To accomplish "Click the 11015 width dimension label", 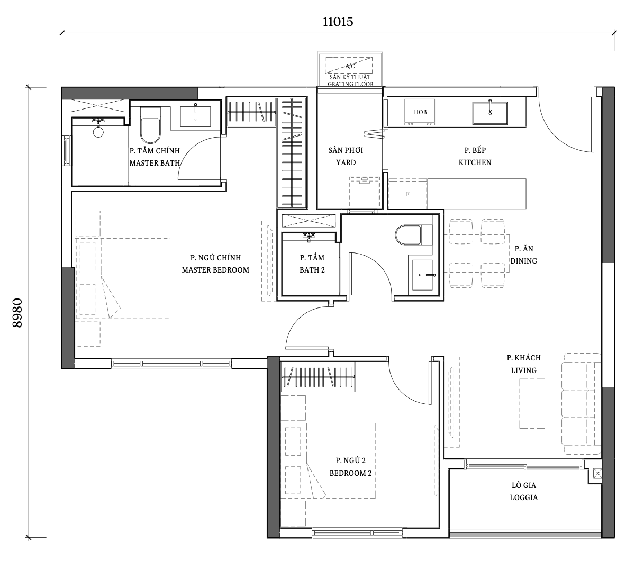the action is [x=338, y=22].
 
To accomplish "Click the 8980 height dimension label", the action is [x=17, y=313].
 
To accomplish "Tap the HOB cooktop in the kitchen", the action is [x=420, y=112].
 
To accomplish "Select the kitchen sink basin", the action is [x=490, y=113].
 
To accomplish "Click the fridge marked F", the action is [x=407, y=194].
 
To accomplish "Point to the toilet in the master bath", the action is [x=150, y=125].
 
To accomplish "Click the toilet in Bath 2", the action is [x=413, y=234].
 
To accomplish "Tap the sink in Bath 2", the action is [x=422, y=275].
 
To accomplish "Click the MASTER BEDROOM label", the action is [x=215, y=270].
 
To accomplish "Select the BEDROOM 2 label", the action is [x=350, y=473].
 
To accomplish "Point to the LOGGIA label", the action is [x=524, y=497].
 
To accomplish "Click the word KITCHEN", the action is [x=475, y=162].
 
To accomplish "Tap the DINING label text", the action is [x=523, y=261].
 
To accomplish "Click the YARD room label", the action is [x=346, y=162].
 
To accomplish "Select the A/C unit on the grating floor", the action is [x=349, y=65].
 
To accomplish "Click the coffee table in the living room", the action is [x=532, y=403].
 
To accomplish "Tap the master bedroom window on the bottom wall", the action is [x=171, y=364].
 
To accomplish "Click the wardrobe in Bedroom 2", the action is [x=318, y=377].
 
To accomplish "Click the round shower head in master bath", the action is [x=98, y=132].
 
